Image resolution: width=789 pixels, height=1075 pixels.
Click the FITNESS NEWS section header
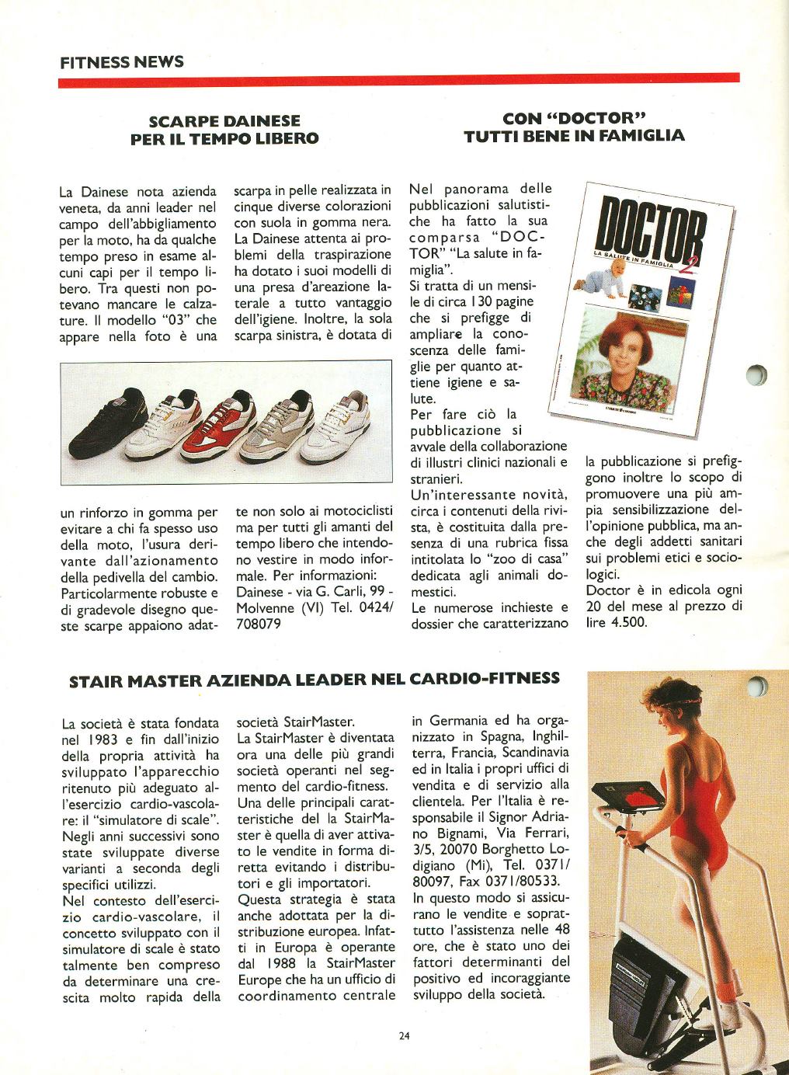(122, 61)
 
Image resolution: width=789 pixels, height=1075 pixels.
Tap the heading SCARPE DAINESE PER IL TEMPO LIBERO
(224, 130)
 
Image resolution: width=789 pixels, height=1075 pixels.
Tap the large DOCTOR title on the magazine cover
(652, 225)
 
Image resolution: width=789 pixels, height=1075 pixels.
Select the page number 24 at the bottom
(404, 1035)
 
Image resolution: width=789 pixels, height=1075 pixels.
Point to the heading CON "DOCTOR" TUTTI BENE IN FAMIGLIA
(575, 127)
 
